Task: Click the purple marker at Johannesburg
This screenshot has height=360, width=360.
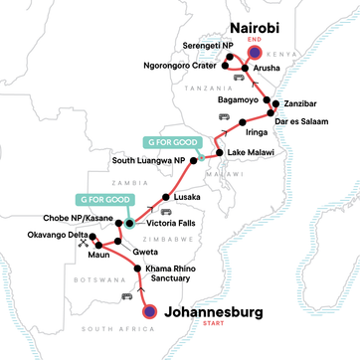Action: [x=149, y=311]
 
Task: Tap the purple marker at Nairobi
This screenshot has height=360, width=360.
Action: [x=256, y=54]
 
